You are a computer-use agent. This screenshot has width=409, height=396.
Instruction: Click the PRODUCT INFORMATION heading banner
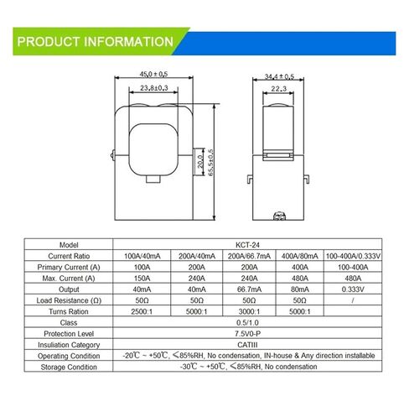click(95, 41)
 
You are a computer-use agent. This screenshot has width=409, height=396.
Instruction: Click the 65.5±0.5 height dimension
click(210, 162)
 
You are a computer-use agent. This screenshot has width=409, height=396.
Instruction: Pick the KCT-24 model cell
click(247, 244)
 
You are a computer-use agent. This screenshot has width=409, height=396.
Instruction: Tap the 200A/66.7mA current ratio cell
click(248, 255)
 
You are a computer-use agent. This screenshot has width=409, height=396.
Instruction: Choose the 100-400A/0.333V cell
click(353, 255)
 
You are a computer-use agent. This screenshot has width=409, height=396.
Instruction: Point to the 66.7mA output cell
click(248, 289)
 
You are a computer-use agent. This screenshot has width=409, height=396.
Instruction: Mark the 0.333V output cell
click(353, 289)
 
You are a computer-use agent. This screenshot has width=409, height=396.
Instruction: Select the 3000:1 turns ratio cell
click(248, 310)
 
